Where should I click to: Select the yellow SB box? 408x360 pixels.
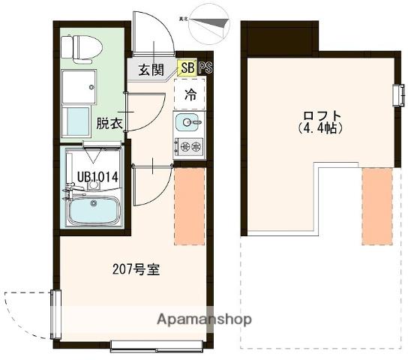pos(187,68)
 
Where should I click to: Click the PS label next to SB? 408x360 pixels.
pos(205,68)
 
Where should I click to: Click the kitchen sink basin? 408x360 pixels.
pos(188,121)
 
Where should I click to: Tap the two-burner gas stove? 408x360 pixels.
pos(189,145)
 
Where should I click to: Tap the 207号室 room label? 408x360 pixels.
pos(136,268)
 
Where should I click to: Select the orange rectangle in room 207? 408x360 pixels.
pos(189,205)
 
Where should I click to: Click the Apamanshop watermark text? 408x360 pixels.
pos(204,319)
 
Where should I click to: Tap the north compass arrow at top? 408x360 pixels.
pos(209,22)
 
